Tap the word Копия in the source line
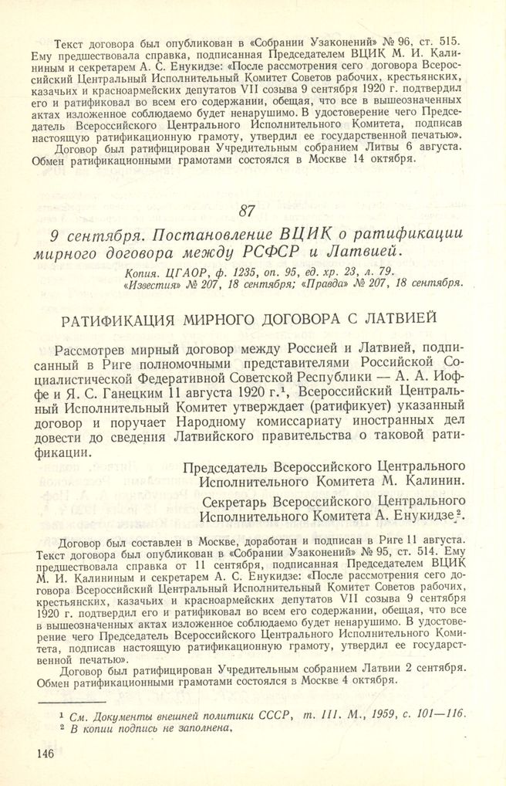point(142,273)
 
